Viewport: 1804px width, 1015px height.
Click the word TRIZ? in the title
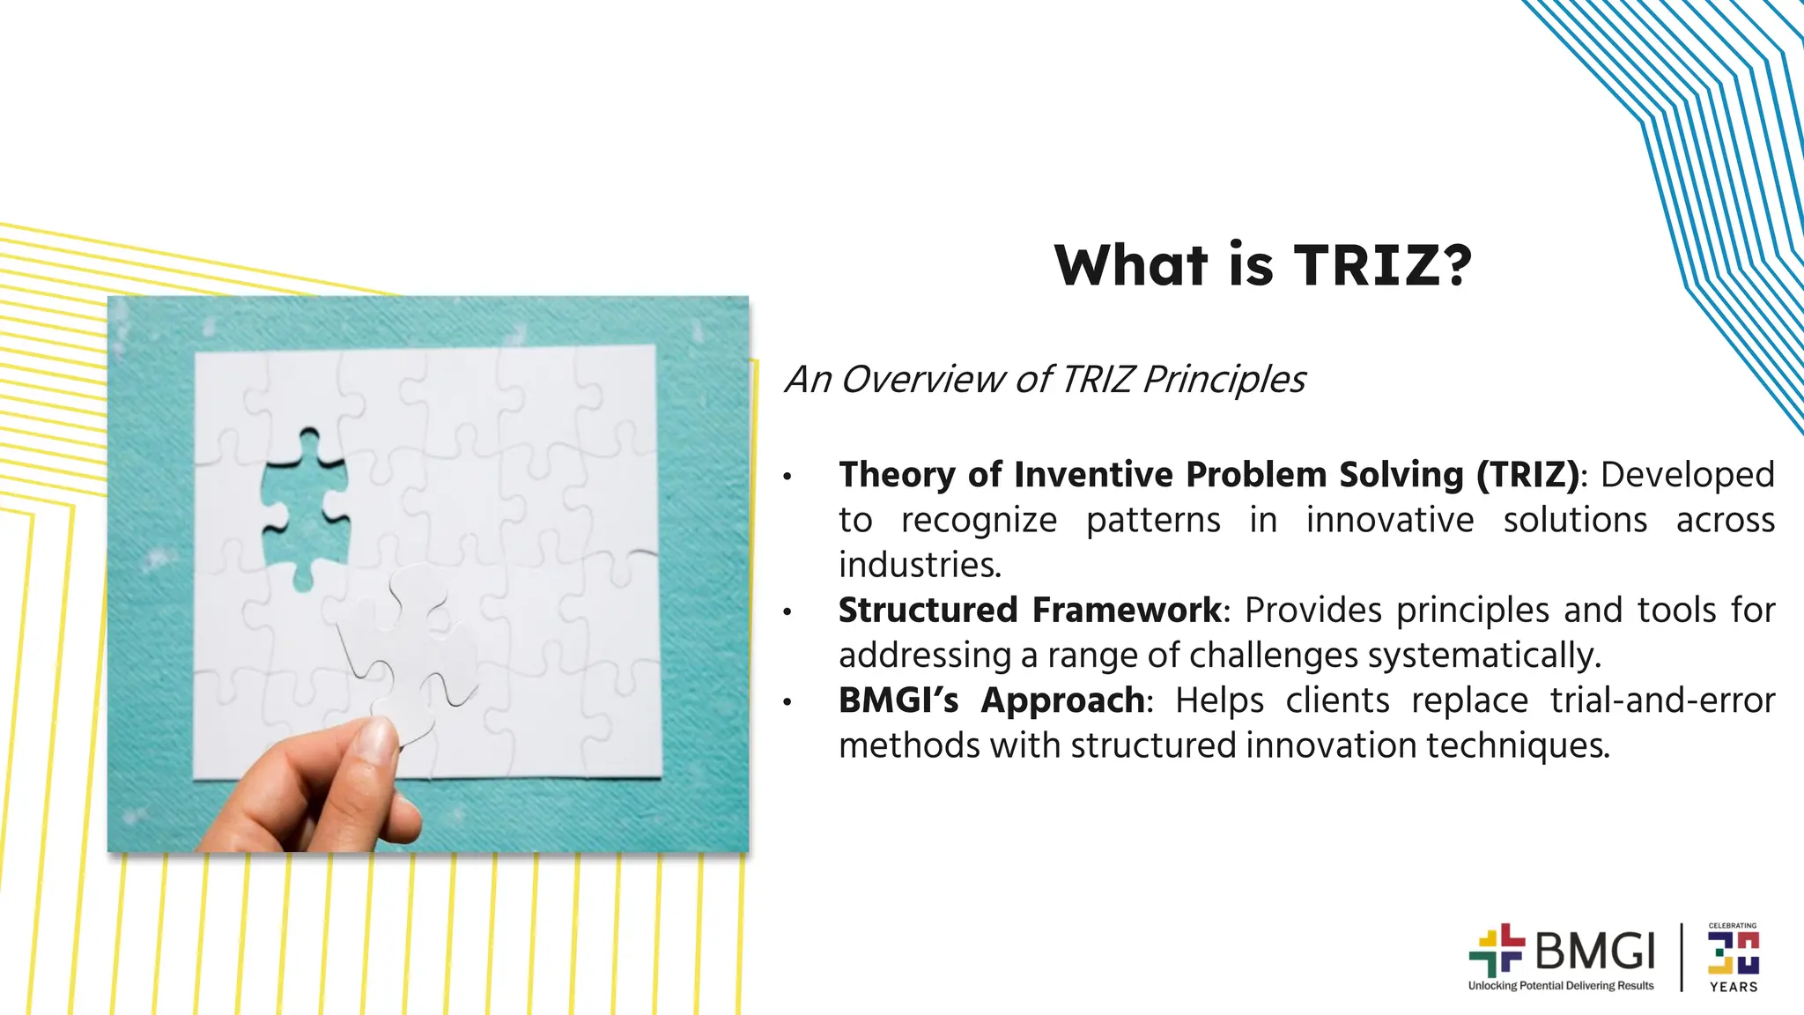tap(1382, 265)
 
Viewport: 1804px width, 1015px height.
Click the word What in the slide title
tap(1131, 265)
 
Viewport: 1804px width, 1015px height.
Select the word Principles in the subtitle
tap(1224, 380)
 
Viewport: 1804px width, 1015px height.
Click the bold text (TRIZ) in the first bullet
tap(1527, 475)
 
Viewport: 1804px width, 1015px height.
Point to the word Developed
tap(1687, 475)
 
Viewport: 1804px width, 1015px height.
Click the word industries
tap(920, 566)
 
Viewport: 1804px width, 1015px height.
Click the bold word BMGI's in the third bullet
tap(898, 700)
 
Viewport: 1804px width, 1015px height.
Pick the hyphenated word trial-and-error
tap(1662, 700)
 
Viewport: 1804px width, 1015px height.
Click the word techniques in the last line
tap(1518, 746)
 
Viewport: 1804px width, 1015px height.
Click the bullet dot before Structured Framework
tap(787, 611)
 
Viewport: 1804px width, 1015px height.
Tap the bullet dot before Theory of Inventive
tap(787, 477)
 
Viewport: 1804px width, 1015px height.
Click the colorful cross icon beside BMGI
tap(1497, 951)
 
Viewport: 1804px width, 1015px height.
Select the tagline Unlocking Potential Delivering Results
tap(1560, 986)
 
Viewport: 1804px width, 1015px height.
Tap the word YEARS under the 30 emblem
tap(1733, 988)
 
